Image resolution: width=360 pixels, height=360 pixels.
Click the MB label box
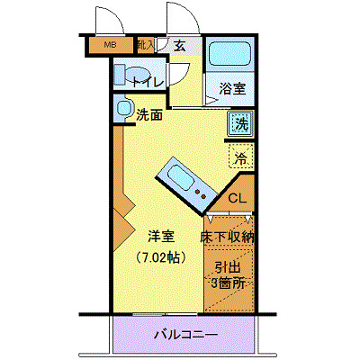111,45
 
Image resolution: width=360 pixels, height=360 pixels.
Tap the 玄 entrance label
180,46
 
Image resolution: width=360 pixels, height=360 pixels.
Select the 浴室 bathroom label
232,88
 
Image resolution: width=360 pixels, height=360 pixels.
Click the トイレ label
146,83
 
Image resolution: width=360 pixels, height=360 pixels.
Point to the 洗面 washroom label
149,114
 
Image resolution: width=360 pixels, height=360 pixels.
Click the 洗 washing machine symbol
239,123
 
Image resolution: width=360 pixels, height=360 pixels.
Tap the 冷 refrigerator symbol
240,158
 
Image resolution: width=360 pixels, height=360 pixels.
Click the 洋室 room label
161,237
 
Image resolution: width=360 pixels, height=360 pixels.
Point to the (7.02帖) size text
162,257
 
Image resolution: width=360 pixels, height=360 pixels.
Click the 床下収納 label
228,237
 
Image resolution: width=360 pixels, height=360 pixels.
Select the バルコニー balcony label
184,335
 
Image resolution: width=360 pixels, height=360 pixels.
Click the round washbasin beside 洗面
124,109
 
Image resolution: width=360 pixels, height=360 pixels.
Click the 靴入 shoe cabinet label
145,44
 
